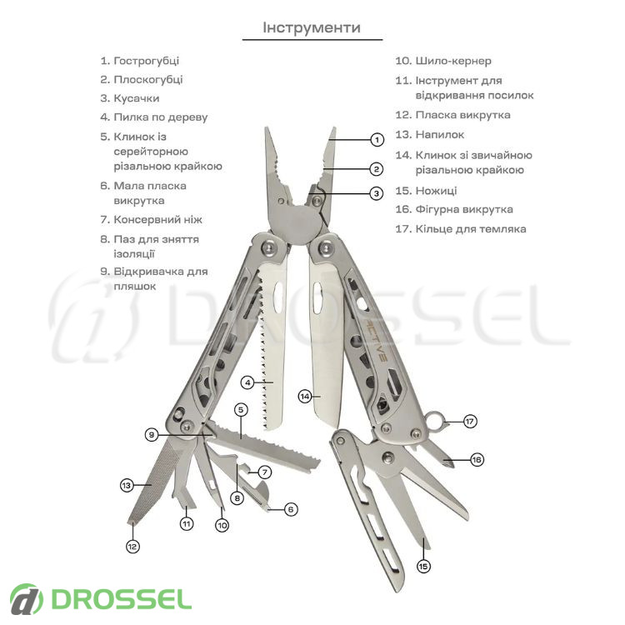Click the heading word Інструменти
(312, 27)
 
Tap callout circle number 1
(377, 140)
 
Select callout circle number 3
(377, 193)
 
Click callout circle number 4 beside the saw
(247, 382)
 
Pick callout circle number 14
(305, 396)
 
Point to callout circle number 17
(470, 422)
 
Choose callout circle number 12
(132, 547)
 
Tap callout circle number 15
(423, 566)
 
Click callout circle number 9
(152, 434)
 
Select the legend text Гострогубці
(147, 61)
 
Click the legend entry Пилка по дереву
(161, 117)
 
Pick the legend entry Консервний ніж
(157, 220)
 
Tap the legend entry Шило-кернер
(453, 61)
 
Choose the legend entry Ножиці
(436, 191)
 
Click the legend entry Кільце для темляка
(471, 229)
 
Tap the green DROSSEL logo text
(121, 599)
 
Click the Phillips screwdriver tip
(449, 462)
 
